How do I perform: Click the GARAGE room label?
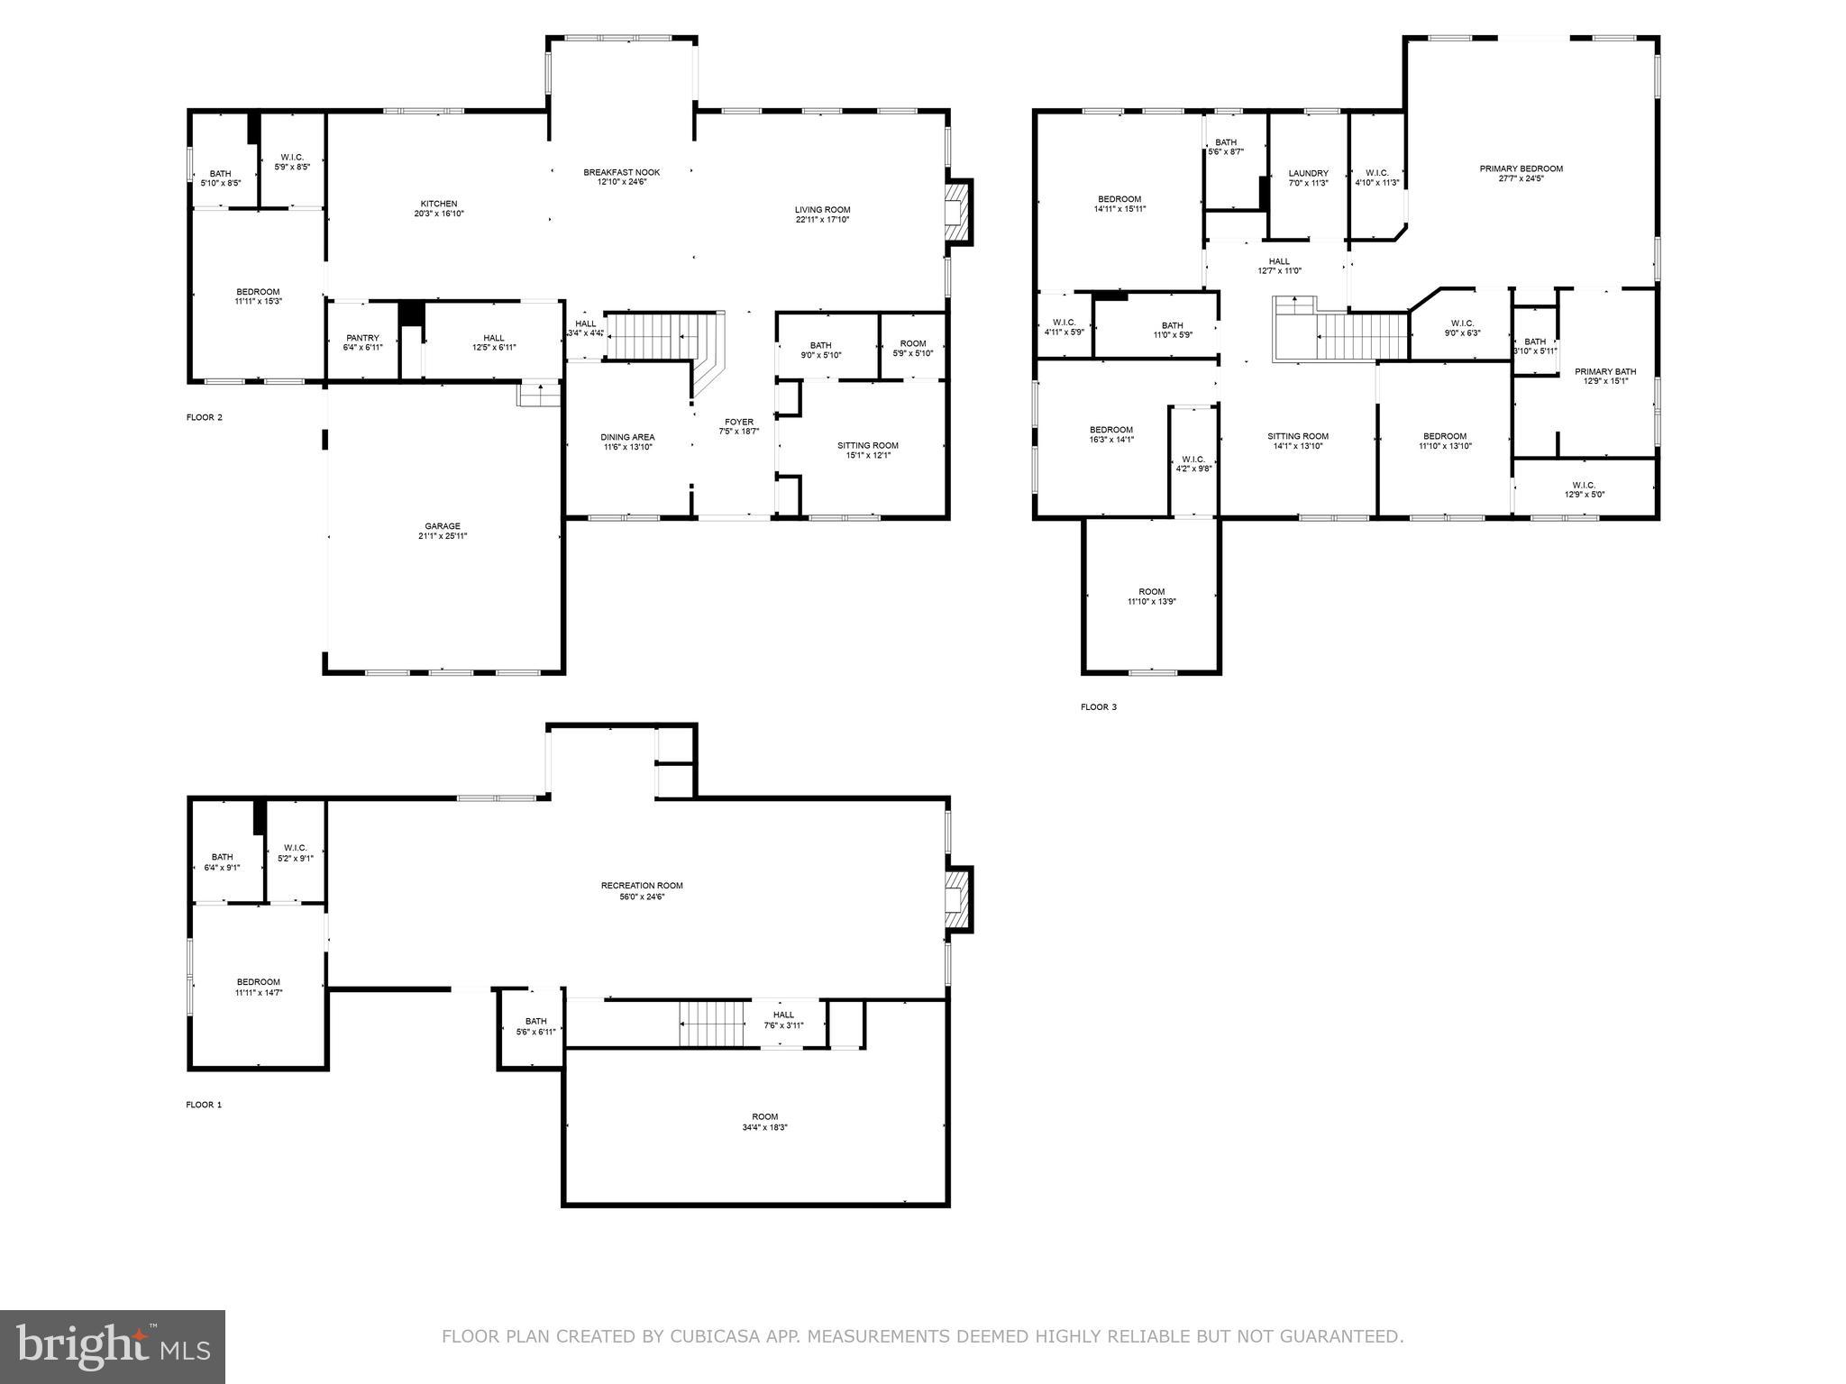(x=443, y=526)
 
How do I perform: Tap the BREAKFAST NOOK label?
(x=621, y=172)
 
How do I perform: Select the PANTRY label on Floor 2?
(x=362, y=338)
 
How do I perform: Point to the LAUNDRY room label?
(x=1308, y=173)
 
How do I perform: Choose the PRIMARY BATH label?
(x=1604, y=371)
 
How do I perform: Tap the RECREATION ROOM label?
(x=643, y=886)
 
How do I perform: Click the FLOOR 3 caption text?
(x=1098, y=707)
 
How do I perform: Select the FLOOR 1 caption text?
(x=204, y=1105)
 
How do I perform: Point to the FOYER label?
(x=739, y=422)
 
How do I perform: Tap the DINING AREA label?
(x=627, y=437)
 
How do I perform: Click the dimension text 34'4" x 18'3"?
(x=764, y=1127)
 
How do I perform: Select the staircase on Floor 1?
(x=715, y=1023)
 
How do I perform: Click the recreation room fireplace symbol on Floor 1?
(x=958, y=898)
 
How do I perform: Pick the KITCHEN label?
(x=439, y=204)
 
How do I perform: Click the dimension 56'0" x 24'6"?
(x=643, y=897)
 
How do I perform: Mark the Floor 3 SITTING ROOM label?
(x=1297, y=436)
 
